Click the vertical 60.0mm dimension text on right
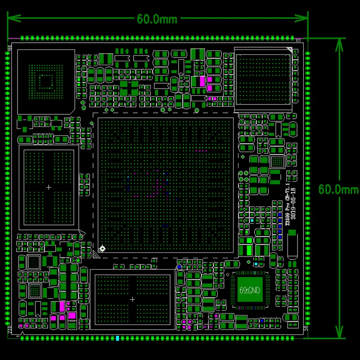[338, 189]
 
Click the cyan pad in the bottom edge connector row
[117, 337]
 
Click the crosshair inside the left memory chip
[49, 187]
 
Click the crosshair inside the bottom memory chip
[132, 299]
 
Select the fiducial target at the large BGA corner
[103, 248]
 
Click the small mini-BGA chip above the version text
[278, 161]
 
